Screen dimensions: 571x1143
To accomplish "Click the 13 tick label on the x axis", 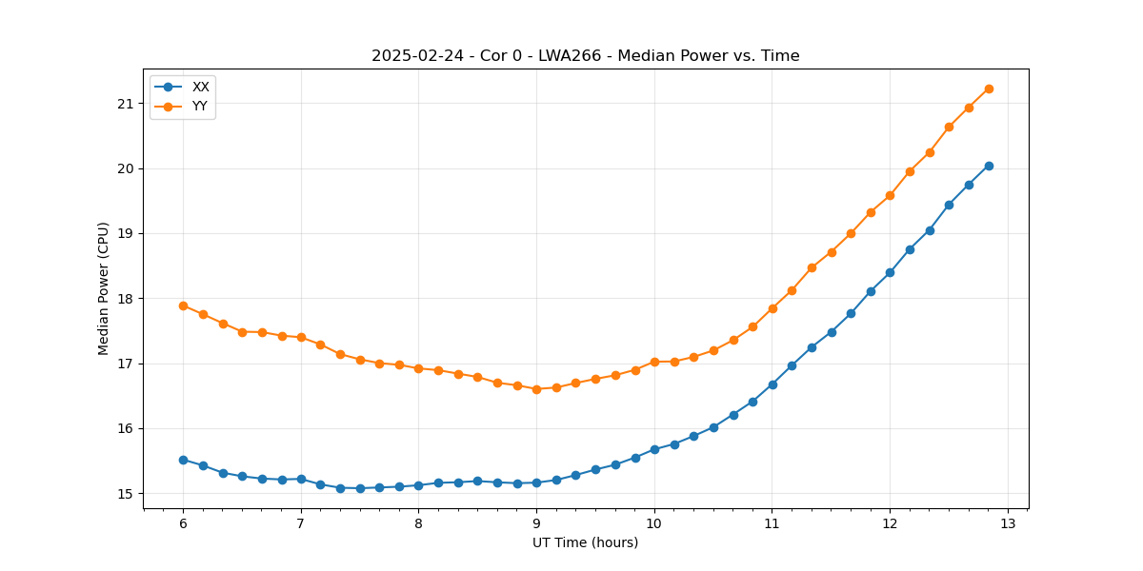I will coord(1008,523).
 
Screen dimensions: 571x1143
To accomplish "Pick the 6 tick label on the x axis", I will coord(183,523).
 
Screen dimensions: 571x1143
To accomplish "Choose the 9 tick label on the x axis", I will coord(536,523).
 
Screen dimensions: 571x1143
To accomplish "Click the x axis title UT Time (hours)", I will coord(585,542).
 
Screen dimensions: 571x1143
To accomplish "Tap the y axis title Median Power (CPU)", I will coord(104,288).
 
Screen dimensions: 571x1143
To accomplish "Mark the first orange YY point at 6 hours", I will coord(183,305).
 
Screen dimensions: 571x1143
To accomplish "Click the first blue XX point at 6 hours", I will coord(183,460).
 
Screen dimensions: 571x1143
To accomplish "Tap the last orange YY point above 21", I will coord(989,89).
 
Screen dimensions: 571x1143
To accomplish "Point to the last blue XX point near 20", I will coord(989,166).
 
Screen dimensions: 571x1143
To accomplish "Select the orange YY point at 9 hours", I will coord(536,389).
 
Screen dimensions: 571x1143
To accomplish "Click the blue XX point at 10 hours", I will coord(654,449).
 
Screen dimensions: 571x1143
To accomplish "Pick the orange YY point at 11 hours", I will coord(772,308).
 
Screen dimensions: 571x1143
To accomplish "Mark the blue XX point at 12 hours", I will coord(890,272).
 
